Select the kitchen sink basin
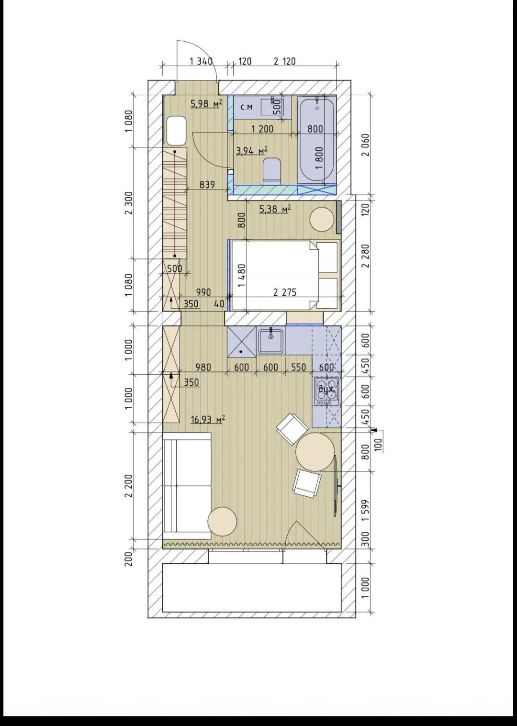pyautogui.click(x=271, y=340)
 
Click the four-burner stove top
pyautogui.click(x=326, y=391)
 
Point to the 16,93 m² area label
pyautogui.click(x=208, y=420)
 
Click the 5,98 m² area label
pyautogui.click(x=206, y=104)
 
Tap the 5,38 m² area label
pyautogui.click(x=275, y=209)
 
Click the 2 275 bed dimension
pyautogui.click(x=285, y=292)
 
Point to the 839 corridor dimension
pyautogui.click(x=207, y=185)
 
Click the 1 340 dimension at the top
pyautogui.click(x=201, y=61)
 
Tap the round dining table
pyautogui.click(x=315, y=452)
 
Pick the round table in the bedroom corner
pyautogui.click(x=322, y=219)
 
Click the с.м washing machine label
pyautogui.click(x=247, y=107)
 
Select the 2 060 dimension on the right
pyautogui.click(x=366, y=145)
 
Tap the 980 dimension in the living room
pyautogui.click(x=203, y=367)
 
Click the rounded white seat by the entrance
pyautogui.click(x=176, y=131)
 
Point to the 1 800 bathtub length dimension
pyautogui.click(x=320, y=158)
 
